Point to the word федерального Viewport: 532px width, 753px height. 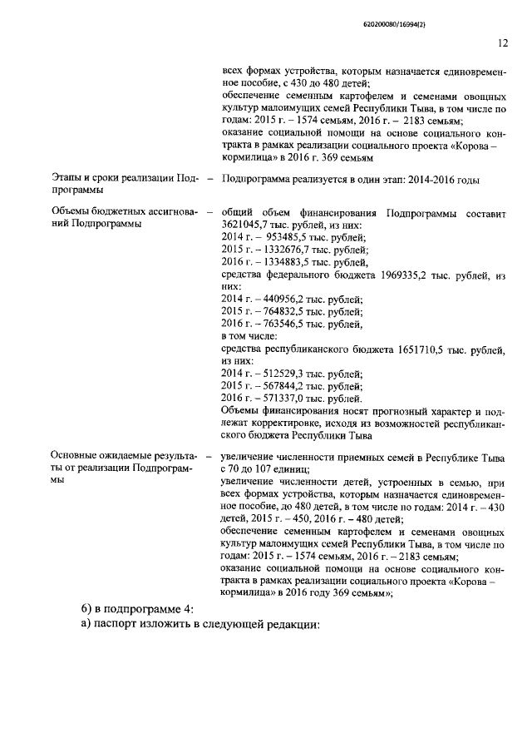(303, 274)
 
